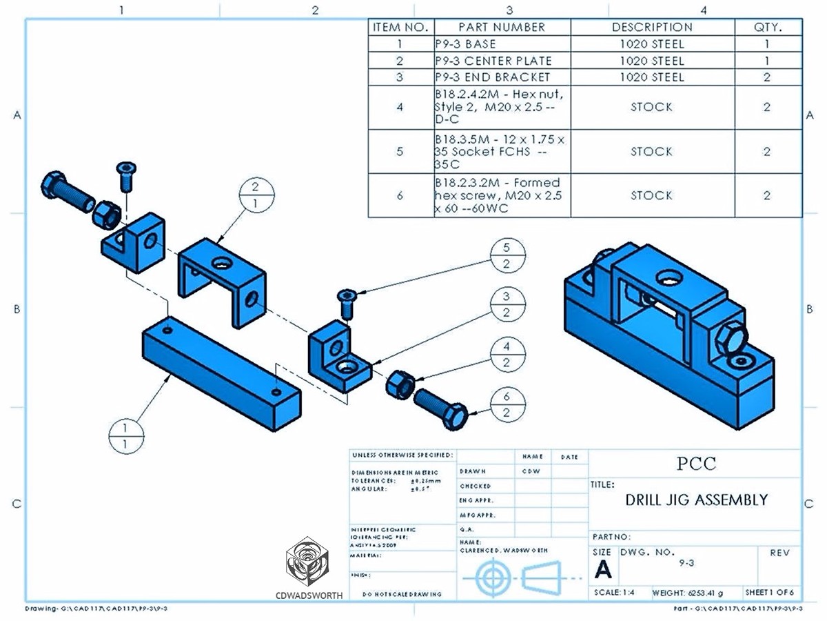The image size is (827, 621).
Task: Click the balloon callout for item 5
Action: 507,256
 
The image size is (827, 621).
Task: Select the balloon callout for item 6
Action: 507,404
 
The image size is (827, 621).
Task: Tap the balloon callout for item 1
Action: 125,437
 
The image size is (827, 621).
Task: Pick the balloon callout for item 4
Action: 507,354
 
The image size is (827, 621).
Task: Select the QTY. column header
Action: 767,28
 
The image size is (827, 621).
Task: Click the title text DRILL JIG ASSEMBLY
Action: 696,500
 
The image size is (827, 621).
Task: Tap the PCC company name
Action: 696,464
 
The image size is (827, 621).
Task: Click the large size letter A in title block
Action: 602,570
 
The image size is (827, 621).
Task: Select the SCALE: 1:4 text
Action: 615,593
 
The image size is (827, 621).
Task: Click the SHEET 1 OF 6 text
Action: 770,593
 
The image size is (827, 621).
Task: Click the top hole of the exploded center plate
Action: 222,262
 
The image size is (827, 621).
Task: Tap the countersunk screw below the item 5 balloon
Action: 346,304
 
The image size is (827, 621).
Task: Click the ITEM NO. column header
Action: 401,28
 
